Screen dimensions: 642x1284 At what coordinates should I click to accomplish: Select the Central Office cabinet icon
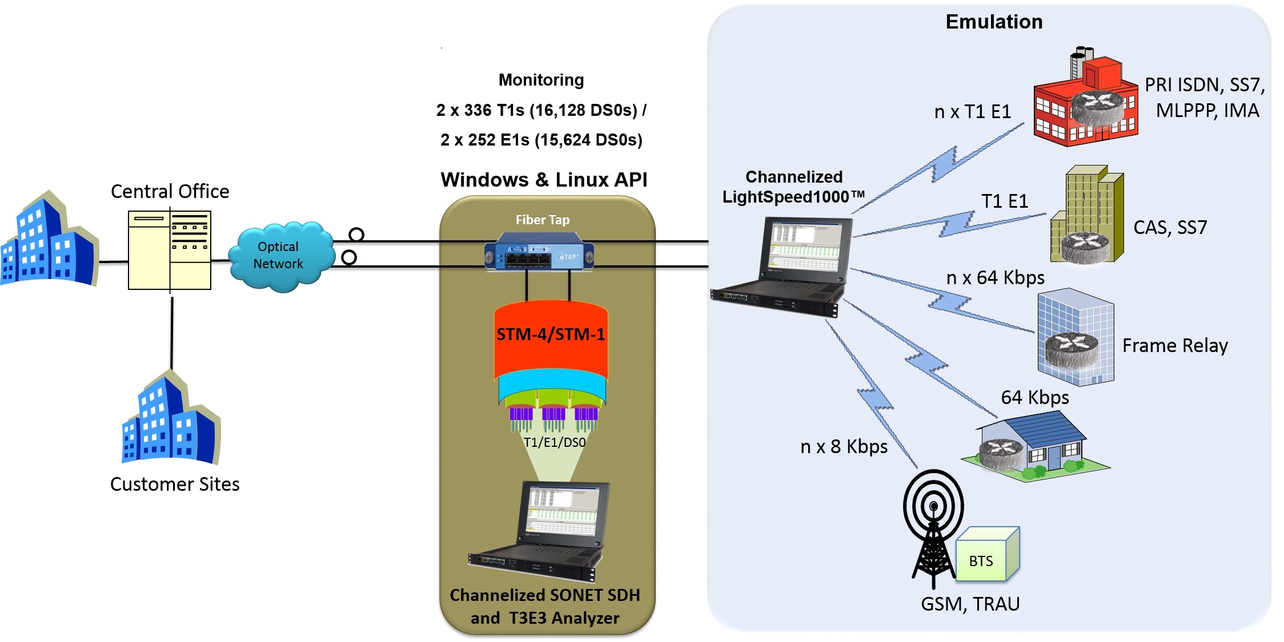[170, 250]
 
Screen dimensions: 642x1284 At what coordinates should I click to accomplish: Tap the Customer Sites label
[175, 484]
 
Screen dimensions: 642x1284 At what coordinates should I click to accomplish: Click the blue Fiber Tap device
[539, 252]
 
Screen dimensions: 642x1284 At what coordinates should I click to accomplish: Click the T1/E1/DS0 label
[555, 442]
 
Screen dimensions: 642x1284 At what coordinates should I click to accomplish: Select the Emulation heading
[994, 22]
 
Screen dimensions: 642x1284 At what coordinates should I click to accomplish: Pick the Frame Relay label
[1175, 346]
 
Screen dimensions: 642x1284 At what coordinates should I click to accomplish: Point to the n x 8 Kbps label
[844, 446]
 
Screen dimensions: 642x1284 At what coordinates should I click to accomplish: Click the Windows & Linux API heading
[544, 180]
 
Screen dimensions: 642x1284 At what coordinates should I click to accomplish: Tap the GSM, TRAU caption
[970, 604]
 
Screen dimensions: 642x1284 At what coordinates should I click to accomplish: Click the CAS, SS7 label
[1170, 228]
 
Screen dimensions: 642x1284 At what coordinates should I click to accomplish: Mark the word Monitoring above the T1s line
[541, 80]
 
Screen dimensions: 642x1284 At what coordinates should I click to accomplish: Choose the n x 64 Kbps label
[995, 277]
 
